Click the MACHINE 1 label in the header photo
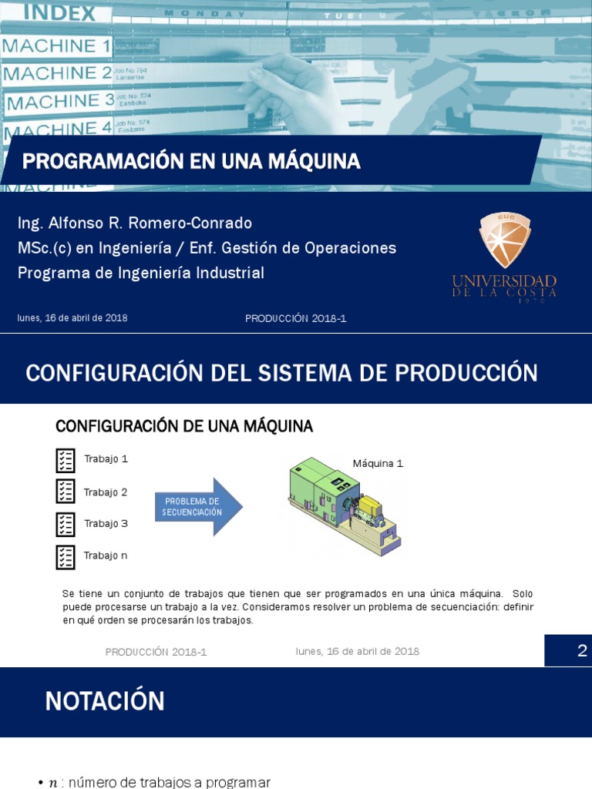click(58, 46)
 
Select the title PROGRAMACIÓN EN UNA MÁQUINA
click(191, 161)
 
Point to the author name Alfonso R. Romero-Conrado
click(135, 223)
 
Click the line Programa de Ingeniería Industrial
click(140, 273)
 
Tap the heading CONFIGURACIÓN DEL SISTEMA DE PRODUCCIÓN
click(281, 373)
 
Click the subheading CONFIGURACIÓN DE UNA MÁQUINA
click(184, 426)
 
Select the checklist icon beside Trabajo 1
click(66, 460)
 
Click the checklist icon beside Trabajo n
click(66, 556)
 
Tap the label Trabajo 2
click(106, 492)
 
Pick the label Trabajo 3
click(106, 524)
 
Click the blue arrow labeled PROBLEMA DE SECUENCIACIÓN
click(198, 507)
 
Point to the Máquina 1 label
click(378, 464)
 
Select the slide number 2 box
click(568, 651)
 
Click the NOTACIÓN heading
click(105, 701)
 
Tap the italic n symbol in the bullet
click(52, 783)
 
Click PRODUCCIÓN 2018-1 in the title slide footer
click(296, 319)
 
